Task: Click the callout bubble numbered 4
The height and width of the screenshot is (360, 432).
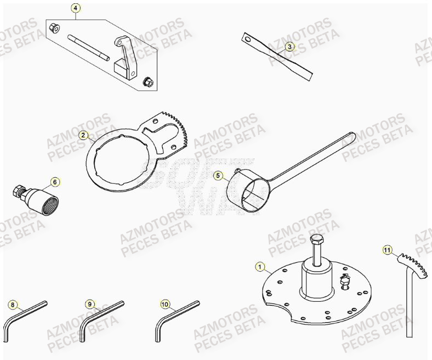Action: tap(76, 8)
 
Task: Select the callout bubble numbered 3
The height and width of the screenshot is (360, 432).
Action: tap(289, 47)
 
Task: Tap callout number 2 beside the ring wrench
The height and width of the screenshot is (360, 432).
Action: tap(83, 135)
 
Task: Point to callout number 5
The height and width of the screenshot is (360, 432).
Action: tap(218, 176)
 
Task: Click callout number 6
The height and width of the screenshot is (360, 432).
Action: tap(54, 181)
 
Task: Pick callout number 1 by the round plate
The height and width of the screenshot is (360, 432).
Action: tap(259, 267)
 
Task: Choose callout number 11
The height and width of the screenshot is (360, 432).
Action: tap(388, 251)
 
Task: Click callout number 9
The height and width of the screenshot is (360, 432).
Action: tap(89, 303)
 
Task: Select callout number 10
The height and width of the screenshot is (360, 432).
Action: tap(165, 303)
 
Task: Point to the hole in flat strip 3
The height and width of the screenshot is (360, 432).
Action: tap(248, 39)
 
